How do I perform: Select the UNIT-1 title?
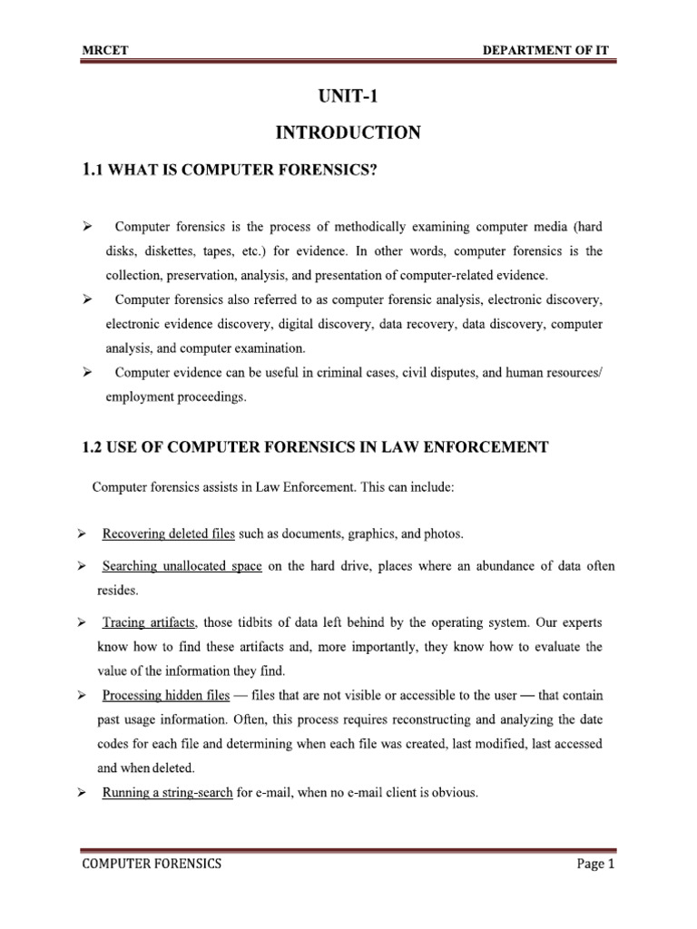tap(348, 96)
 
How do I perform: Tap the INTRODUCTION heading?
tap(348, 133)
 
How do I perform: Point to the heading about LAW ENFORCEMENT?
tap(315, 445)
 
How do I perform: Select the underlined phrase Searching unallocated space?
tap(182, 566)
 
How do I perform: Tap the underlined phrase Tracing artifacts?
tap(149, 624)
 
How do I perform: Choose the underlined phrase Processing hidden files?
tap(165, 695)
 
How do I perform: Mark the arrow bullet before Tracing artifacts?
tap(83, 624)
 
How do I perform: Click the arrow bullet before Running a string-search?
tap(83, 792)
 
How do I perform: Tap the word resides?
tap(118, 590)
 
